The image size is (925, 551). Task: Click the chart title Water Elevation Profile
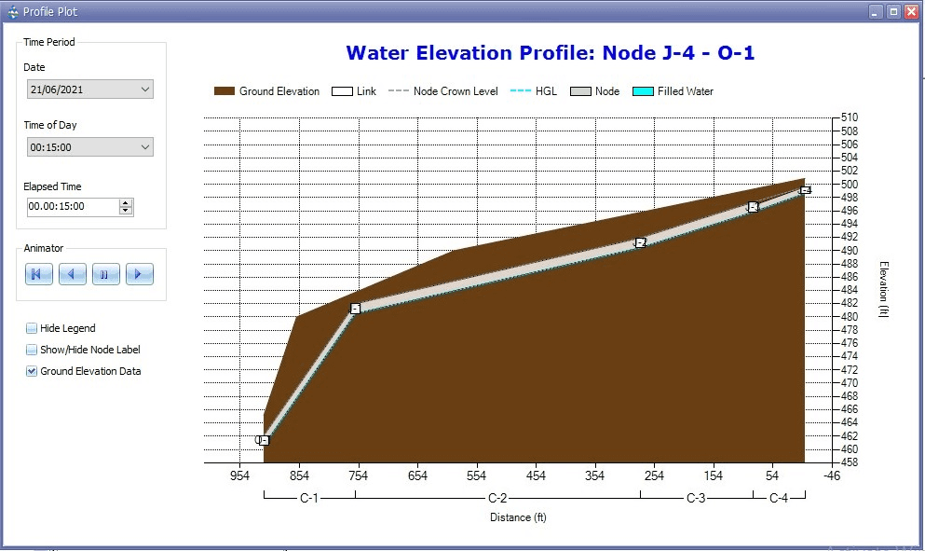(x=550, y=53)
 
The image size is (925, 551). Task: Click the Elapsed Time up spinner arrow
(x=126, y=202)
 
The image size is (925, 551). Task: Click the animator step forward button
(x=139, y=274)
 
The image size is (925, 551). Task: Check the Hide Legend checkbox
(x=32, y=328)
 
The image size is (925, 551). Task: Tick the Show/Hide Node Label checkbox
(x=32, y=350)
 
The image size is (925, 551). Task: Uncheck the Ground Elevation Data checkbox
(x=32, y=371)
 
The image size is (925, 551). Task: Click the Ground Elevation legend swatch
(x=224, y=91)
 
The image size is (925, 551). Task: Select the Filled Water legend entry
(x=685, y=91)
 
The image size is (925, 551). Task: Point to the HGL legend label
(x=546, y=91)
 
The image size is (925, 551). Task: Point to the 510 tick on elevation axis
(x=849, y=117)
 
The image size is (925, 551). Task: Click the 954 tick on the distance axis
(x=240, y=475)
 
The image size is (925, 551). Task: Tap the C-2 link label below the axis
(x=497, y=498)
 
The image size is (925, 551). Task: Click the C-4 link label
(x=779, y=498)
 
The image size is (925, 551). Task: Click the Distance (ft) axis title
(x=518, y=517)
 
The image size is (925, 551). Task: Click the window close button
(x=909, y=12)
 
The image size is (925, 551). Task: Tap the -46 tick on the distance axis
(x=832, y=475)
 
